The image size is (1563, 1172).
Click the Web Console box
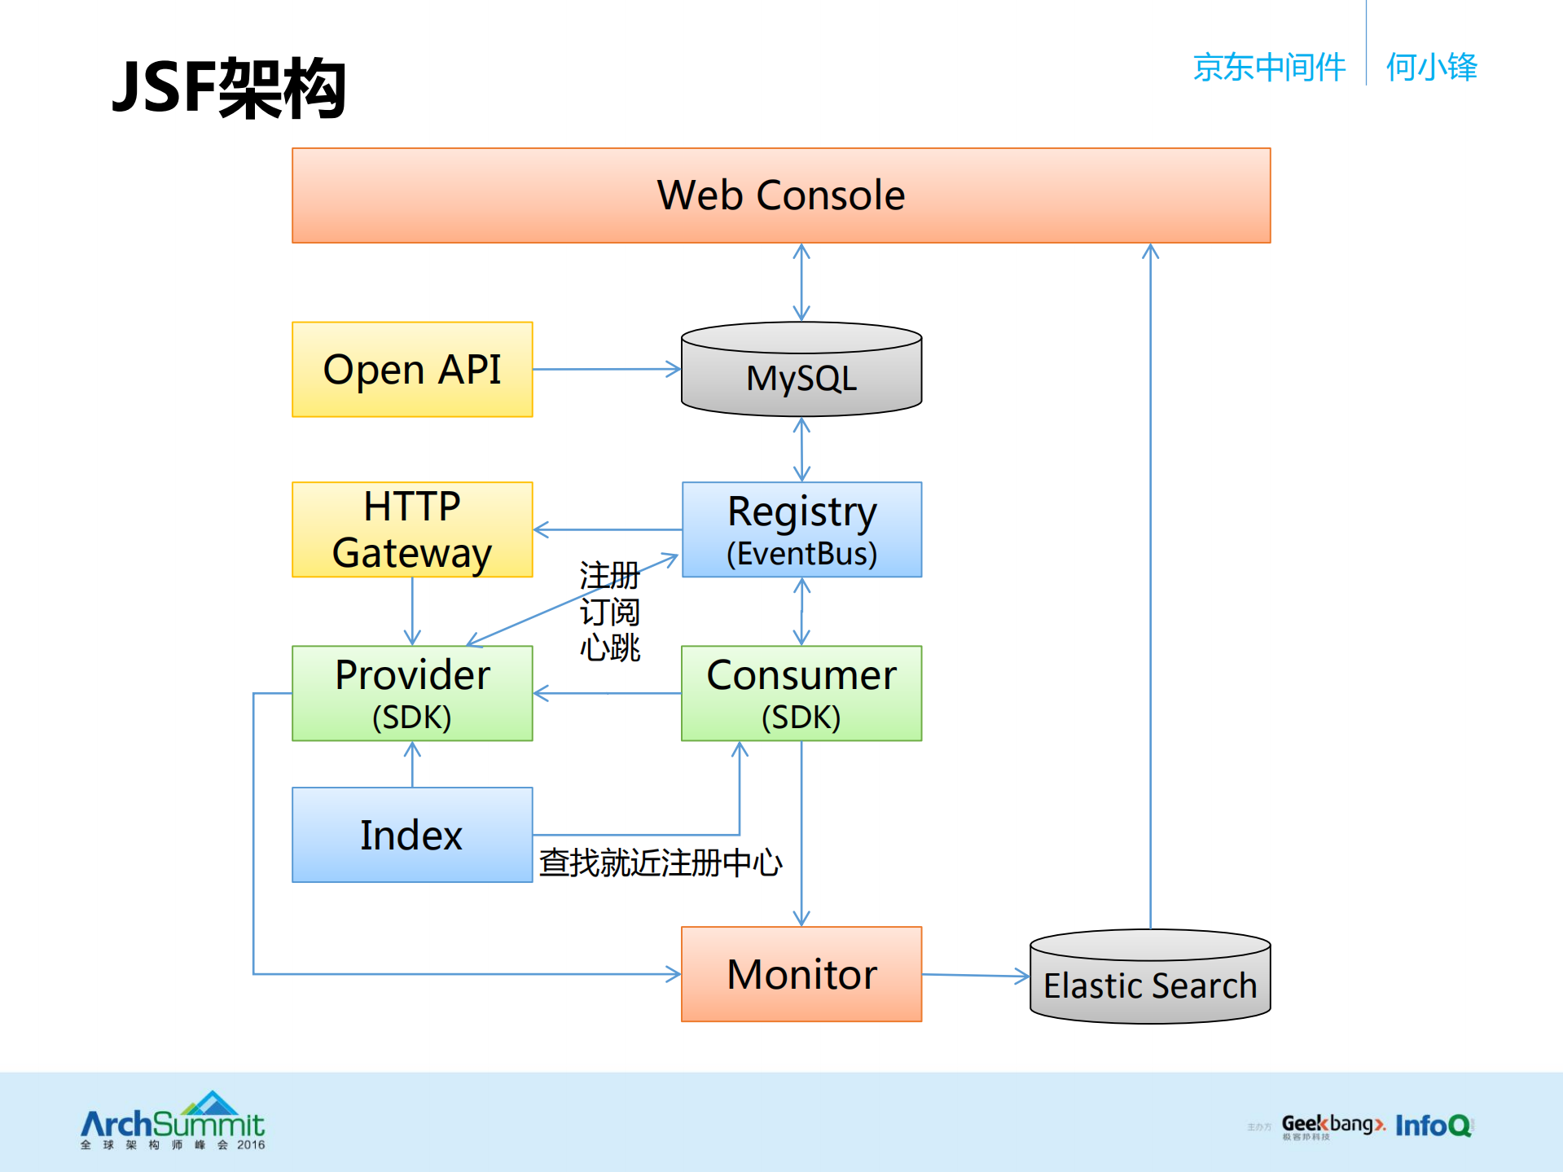click(x=781, y=195)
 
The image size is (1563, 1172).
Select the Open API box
click(x=412, y=370)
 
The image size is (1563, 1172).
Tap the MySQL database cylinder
click(x=801, y=371)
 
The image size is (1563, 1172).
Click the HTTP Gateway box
click(x=412, y=529)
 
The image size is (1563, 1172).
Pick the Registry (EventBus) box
click(x=801, y=529)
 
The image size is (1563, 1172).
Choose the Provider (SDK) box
click(x=412, y=693)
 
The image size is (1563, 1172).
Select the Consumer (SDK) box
click(x=801, y=693)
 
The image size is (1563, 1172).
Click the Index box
click(x=412, y=835)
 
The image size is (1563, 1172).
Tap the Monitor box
click(x=801, y=974)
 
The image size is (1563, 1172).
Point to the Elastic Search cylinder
click(x=1150, y=978)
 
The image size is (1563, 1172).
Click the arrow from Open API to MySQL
click(x=607, y=370)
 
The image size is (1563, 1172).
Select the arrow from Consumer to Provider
click(x=607, y=693)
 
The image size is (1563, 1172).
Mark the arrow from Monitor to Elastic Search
click(x=976, y=975)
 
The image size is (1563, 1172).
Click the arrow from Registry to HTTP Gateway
click(x=607, y=529)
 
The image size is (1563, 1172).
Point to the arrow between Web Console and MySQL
click(x=801, y=282)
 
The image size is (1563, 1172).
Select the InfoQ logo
click(x=1433, y=1126)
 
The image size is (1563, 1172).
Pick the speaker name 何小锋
click(x=1431, y=67)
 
